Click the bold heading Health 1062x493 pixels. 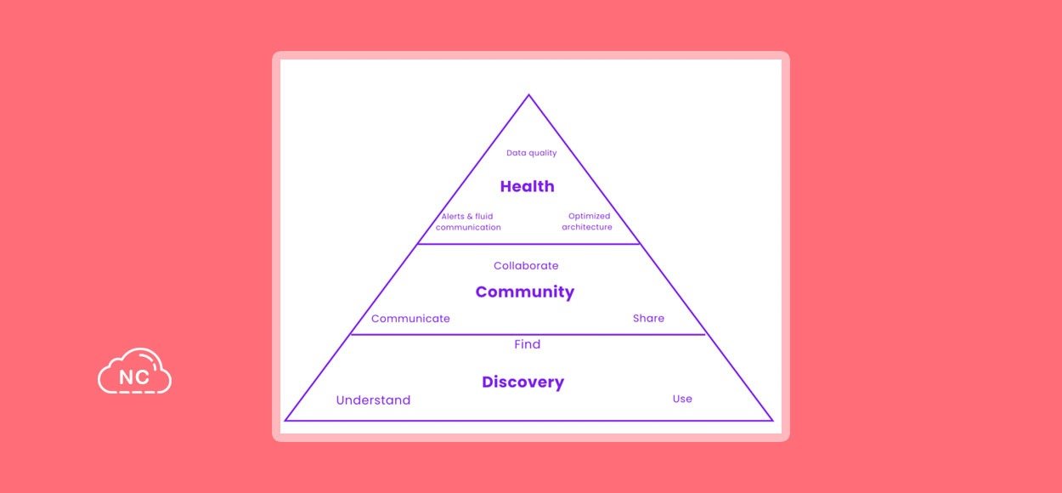point(528,186)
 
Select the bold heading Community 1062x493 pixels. point(525,292)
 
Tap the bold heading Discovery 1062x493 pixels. point(523,382)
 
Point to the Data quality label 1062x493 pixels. point(532,153)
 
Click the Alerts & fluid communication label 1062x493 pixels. point(468,222)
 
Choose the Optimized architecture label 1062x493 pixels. point(587,221)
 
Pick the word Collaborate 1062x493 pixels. point(526,266)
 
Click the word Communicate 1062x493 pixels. point(410,319)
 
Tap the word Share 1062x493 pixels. point(648,318)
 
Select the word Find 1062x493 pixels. point(528,344)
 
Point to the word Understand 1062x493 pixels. point(373,400)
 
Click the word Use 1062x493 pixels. point(682,399)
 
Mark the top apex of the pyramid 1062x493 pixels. point(529,95)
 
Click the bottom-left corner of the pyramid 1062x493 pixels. point(285,421)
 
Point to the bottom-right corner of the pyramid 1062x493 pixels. point(773,421)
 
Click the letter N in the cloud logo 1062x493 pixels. point(125,377)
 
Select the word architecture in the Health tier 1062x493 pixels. point(587,227)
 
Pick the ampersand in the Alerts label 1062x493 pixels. point(467,217)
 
